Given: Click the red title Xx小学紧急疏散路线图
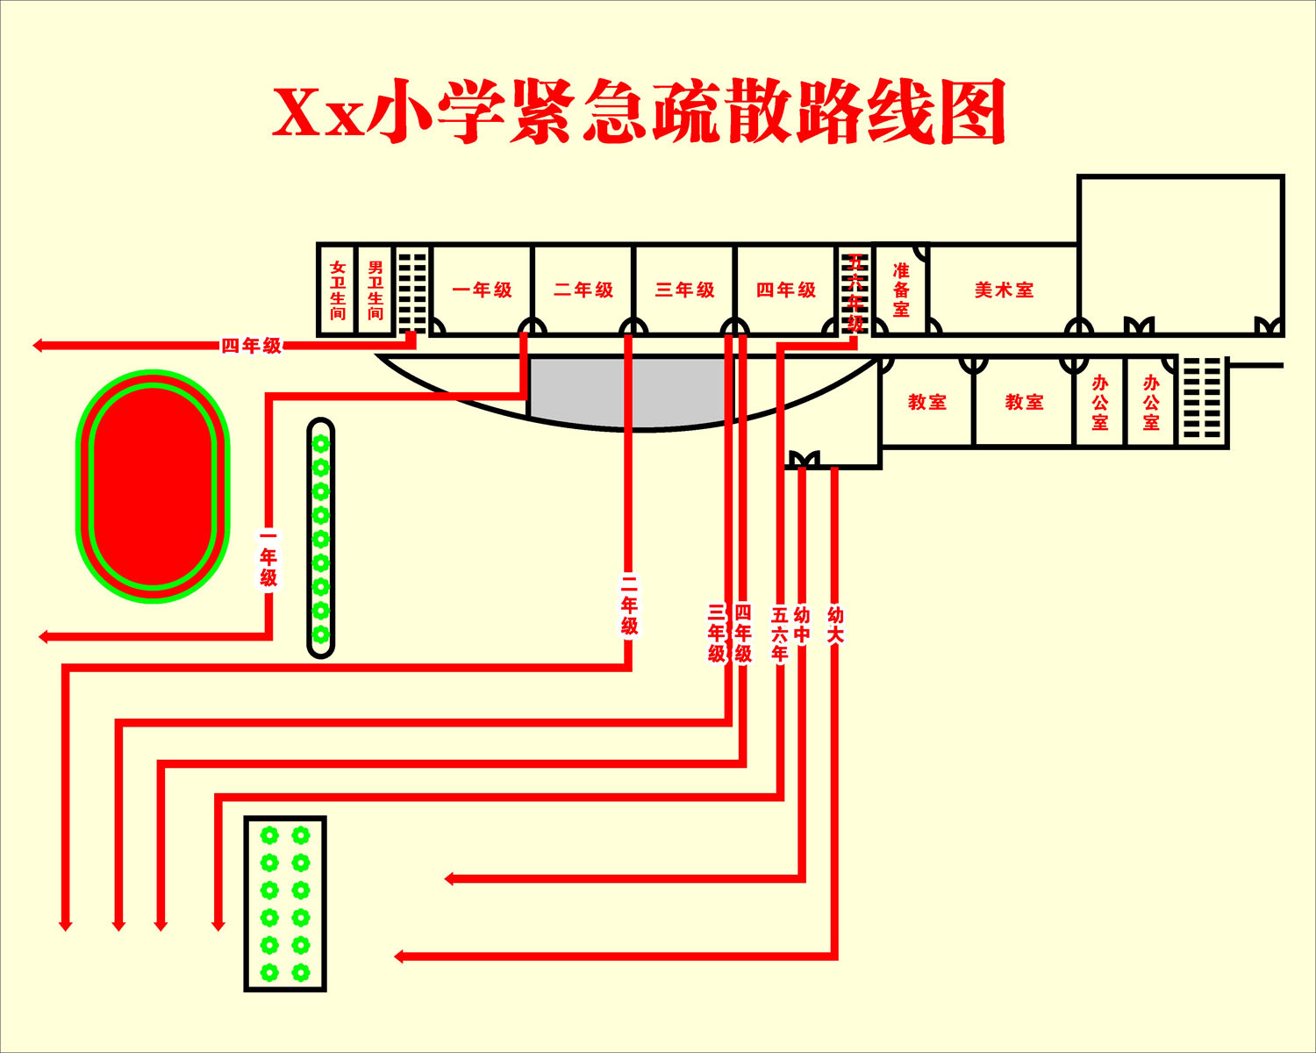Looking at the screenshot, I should [x=639, y=112].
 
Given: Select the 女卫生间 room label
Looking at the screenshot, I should [x=338, y=290].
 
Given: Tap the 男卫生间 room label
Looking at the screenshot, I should [x=375, y=290].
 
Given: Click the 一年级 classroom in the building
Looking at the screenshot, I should [x=482, y=290].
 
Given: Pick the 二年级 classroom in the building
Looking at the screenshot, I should [x=583, y=290].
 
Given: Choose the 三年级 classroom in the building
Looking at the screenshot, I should [x=684, y=290].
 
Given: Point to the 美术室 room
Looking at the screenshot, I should [x=1004, y=290].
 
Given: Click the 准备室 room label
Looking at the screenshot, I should [x=901, y=290].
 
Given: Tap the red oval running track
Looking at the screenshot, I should [x=154, y=486].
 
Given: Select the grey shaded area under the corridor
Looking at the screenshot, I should [x=630, y=390].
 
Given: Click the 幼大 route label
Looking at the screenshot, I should [x=835, y=625].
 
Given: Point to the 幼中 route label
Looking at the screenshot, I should [x=802, y=625].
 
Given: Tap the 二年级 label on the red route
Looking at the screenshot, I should [x=629, y=605].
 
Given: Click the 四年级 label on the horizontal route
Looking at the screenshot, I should [x=252, y=346].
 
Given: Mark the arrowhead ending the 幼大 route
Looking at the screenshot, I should [x=400, y=956].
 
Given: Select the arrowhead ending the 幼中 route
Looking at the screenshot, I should [x=450, y=878].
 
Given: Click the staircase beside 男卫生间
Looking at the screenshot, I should [x=412, y=290].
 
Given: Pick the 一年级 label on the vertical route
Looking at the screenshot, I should [x=268, y=557].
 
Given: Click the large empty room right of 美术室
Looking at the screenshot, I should [x=1180, y=250].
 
